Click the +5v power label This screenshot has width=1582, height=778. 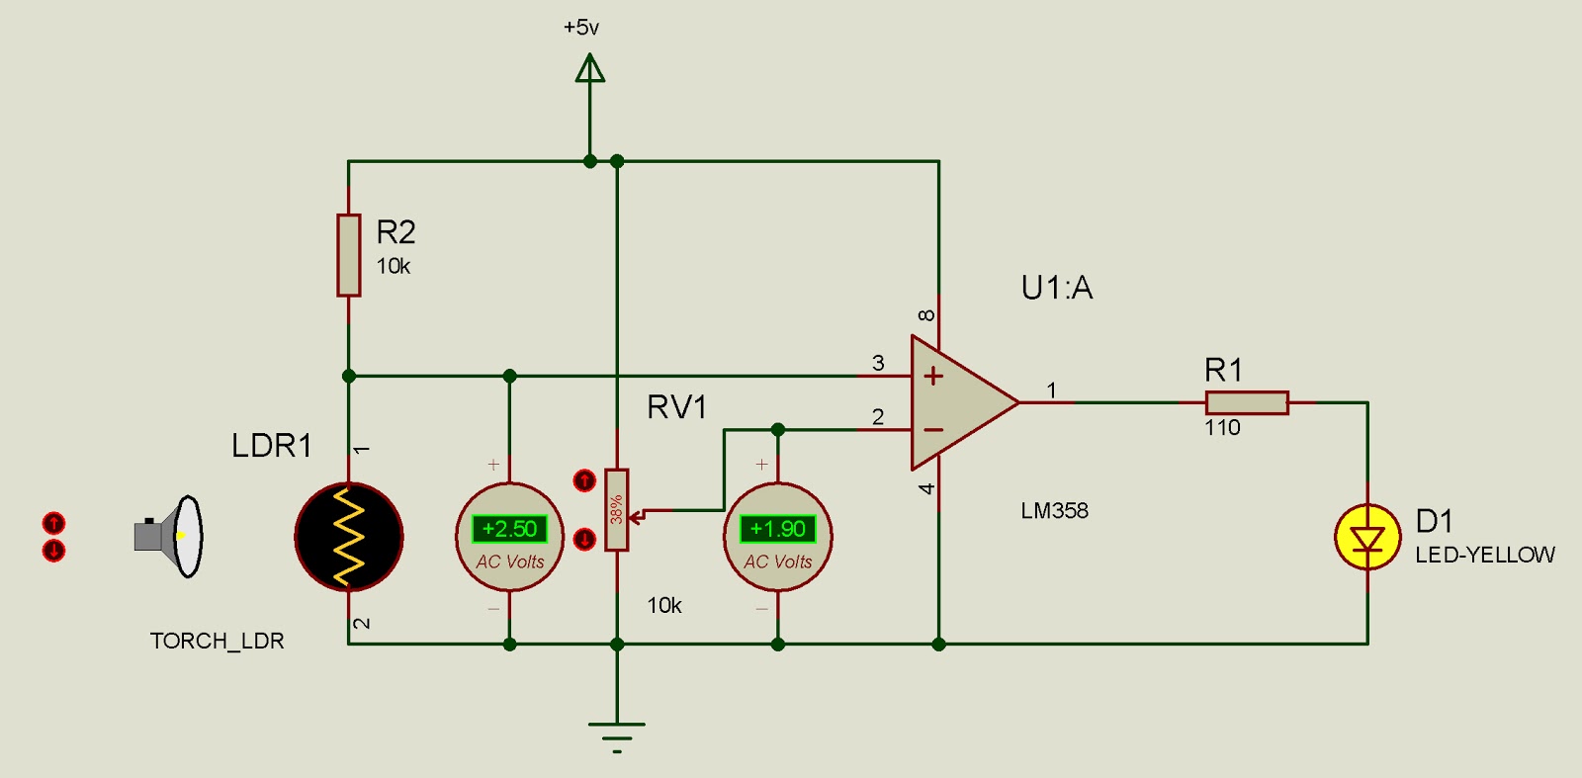pyautogui.click(x=581, y=28)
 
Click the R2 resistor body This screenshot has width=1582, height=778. pyautogui.click(x=348, y=255)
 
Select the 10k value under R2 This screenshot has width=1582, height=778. pyautogui.click(x=393, y=266)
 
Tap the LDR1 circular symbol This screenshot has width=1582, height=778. pyautogui.click(x=349, y=537)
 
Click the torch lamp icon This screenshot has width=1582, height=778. pyautogui.click(x=170, y=536)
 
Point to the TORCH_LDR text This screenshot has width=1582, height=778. pyautogui.click(x=217, y=641)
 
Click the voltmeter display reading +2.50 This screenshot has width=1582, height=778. pyautogui.click(x=509, y=529)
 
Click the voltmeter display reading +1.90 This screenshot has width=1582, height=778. pyautogui.click(x=778, y=529)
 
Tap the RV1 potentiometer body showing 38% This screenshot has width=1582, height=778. pyautogui.click(x=616, y=510)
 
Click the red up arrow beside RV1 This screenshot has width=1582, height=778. pyautogui.click(x=584, y=481)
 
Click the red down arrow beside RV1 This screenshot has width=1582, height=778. pyautogui.click(x=584, y=539)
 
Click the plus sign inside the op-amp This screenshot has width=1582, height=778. pyautogui.click(x=933, y=376)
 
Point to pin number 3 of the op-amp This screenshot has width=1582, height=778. pyautogui.click(x=878, y=363)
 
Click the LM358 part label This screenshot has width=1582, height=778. pyautogui.click(x=1054, y=511)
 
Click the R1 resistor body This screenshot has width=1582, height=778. pyautogui.click(x=1247, y=402)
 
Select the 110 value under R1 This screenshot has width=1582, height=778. pyautogui.click(x=1222, y=428)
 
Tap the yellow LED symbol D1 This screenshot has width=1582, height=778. pyautogui.click(x=1367, y=538)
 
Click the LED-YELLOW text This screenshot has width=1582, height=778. pyautogui.click(x=1484, y=555)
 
